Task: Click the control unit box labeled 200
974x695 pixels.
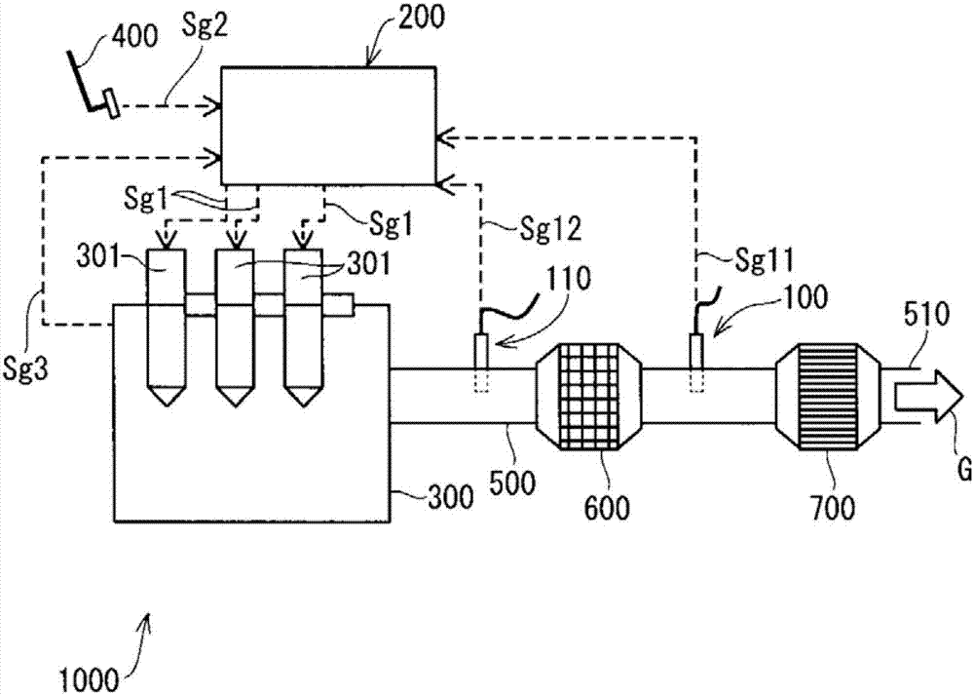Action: (328, 124)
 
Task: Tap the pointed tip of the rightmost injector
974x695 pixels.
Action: (303, 400)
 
